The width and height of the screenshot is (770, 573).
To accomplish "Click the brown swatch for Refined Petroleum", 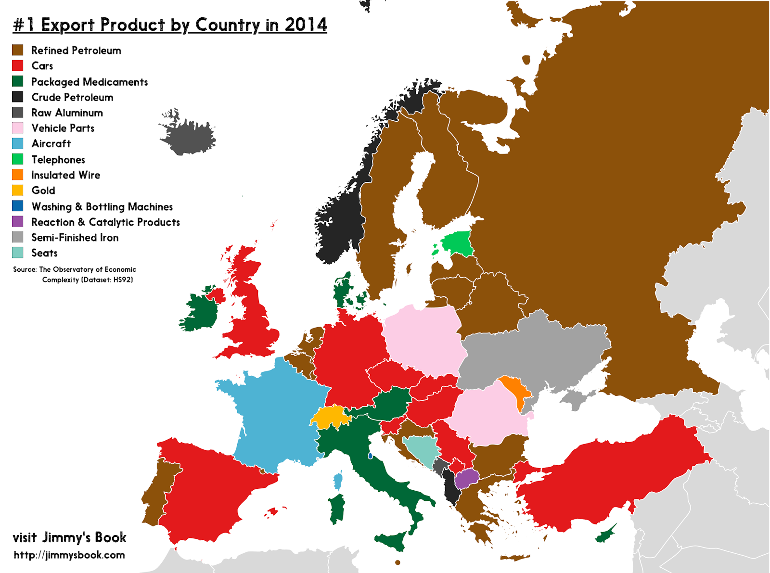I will point(17,50).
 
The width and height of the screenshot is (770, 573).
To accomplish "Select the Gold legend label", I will point(43,191).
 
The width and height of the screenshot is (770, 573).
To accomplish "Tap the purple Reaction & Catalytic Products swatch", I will point(17,221).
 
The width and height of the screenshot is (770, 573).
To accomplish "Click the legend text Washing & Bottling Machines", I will point(102,207).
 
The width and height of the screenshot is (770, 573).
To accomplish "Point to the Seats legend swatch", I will point(17,253).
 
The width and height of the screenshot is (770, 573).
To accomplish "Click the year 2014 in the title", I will point(306,25).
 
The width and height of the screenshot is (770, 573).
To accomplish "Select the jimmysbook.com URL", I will point(69,555).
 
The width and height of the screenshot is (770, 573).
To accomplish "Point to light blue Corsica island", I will point(338,480).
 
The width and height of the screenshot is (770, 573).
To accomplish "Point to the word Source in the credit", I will point(25,269).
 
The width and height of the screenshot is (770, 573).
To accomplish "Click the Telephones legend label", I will point(58,160).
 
